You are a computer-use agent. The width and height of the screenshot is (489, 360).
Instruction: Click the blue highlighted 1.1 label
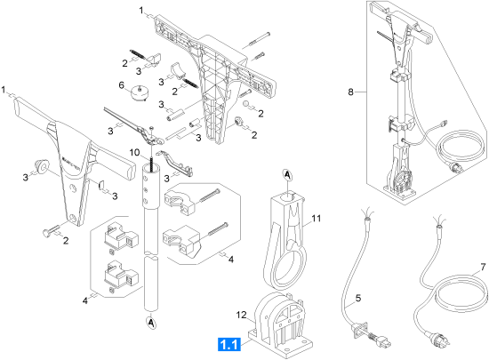229,345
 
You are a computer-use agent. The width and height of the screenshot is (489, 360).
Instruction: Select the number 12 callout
241,316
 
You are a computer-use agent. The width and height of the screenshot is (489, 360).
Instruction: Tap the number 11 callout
316,218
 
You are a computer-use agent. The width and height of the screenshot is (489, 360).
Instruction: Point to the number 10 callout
135,153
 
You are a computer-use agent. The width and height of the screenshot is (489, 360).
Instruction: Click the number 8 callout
351,92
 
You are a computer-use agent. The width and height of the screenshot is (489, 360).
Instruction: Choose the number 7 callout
483,268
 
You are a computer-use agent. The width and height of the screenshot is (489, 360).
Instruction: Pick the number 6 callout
121,85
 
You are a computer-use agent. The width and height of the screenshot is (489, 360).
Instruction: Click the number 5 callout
358,299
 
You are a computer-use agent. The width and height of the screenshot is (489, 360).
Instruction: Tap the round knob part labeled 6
140,93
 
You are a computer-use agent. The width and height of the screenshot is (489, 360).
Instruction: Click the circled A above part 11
287,175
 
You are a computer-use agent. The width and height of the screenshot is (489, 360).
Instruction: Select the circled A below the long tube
151,323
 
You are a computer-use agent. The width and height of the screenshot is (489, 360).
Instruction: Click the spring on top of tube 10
152,162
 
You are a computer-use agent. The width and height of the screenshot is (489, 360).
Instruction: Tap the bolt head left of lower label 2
46,233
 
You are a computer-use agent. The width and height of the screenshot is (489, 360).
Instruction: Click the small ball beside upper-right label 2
246,103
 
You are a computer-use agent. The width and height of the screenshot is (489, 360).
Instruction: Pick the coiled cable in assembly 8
461,149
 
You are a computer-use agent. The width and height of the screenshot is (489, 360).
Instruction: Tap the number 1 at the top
141,11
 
